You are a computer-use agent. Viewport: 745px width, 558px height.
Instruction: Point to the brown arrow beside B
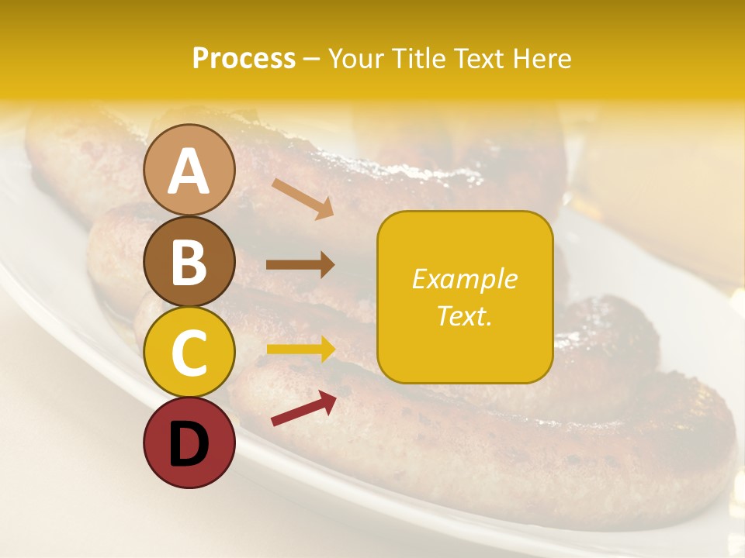coord(300,265)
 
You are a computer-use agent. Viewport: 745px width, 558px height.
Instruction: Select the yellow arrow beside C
coord(300,349)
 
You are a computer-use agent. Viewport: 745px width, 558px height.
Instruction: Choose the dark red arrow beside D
coord(303,408)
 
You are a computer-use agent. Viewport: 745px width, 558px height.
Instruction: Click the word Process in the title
coord(244,59)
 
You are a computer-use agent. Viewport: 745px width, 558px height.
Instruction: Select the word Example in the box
coord(464,279)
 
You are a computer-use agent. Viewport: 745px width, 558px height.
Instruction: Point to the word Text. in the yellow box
coord(464,315)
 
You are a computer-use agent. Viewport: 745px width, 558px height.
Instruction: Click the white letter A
coord(189,172)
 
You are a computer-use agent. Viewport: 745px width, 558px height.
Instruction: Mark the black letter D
coord(189,444)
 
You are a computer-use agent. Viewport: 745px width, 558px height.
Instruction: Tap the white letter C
coord(189,353)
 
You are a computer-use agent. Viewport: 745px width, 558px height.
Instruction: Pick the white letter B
coord(189,262)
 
